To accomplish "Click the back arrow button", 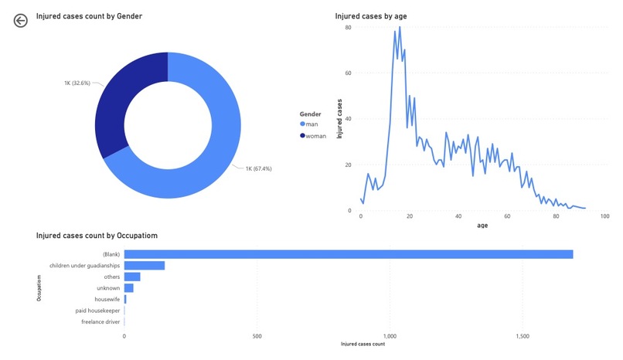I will coord(20,21).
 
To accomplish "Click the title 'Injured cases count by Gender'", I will coord(89,15).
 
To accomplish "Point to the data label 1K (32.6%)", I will coord(77,82).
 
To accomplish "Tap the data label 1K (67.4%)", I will coord(258,168).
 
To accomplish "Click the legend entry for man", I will coord(312,124).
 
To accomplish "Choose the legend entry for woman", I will coord(315,136).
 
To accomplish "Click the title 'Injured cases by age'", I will coord(371,16).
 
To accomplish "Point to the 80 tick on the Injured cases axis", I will coord(349,28).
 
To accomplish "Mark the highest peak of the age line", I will coord(399,29).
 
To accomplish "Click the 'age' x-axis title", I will coord(482,226).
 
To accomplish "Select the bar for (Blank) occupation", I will coord(348,254).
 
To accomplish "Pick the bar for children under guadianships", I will coord(145,265).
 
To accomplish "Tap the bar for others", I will coord(132,277).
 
